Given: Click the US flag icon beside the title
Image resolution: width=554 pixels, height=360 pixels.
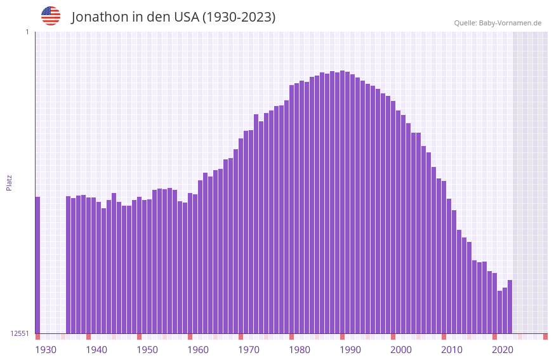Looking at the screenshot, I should (x=51, y=16).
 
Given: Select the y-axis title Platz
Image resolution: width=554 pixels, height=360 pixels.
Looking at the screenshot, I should (x=9, y=182).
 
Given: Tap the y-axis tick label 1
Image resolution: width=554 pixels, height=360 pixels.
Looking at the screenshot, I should (x=27, y=32).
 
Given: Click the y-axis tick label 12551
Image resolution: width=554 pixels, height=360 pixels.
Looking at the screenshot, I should (x=20, y=333).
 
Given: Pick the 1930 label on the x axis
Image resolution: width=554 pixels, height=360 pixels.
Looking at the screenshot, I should (x=46, y=350).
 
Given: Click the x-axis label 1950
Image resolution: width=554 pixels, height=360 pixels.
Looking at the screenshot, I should (x=147, y=350).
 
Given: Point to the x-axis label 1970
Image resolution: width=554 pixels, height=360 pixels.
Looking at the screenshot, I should (x=249, y=350).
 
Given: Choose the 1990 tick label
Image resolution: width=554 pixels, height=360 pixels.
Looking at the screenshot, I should (x=350, y=350).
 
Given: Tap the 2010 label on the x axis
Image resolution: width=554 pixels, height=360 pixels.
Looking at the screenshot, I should (x=452, y=350).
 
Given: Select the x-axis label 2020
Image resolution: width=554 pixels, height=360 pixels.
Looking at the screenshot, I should (x=503, y=350).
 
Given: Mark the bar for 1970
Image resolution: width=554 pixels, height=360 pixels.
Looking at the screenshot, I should (x=241, y=236).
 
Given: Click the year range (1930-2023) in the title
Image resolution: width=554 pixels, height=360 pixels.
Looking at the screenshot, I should (x=239, y=17).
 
